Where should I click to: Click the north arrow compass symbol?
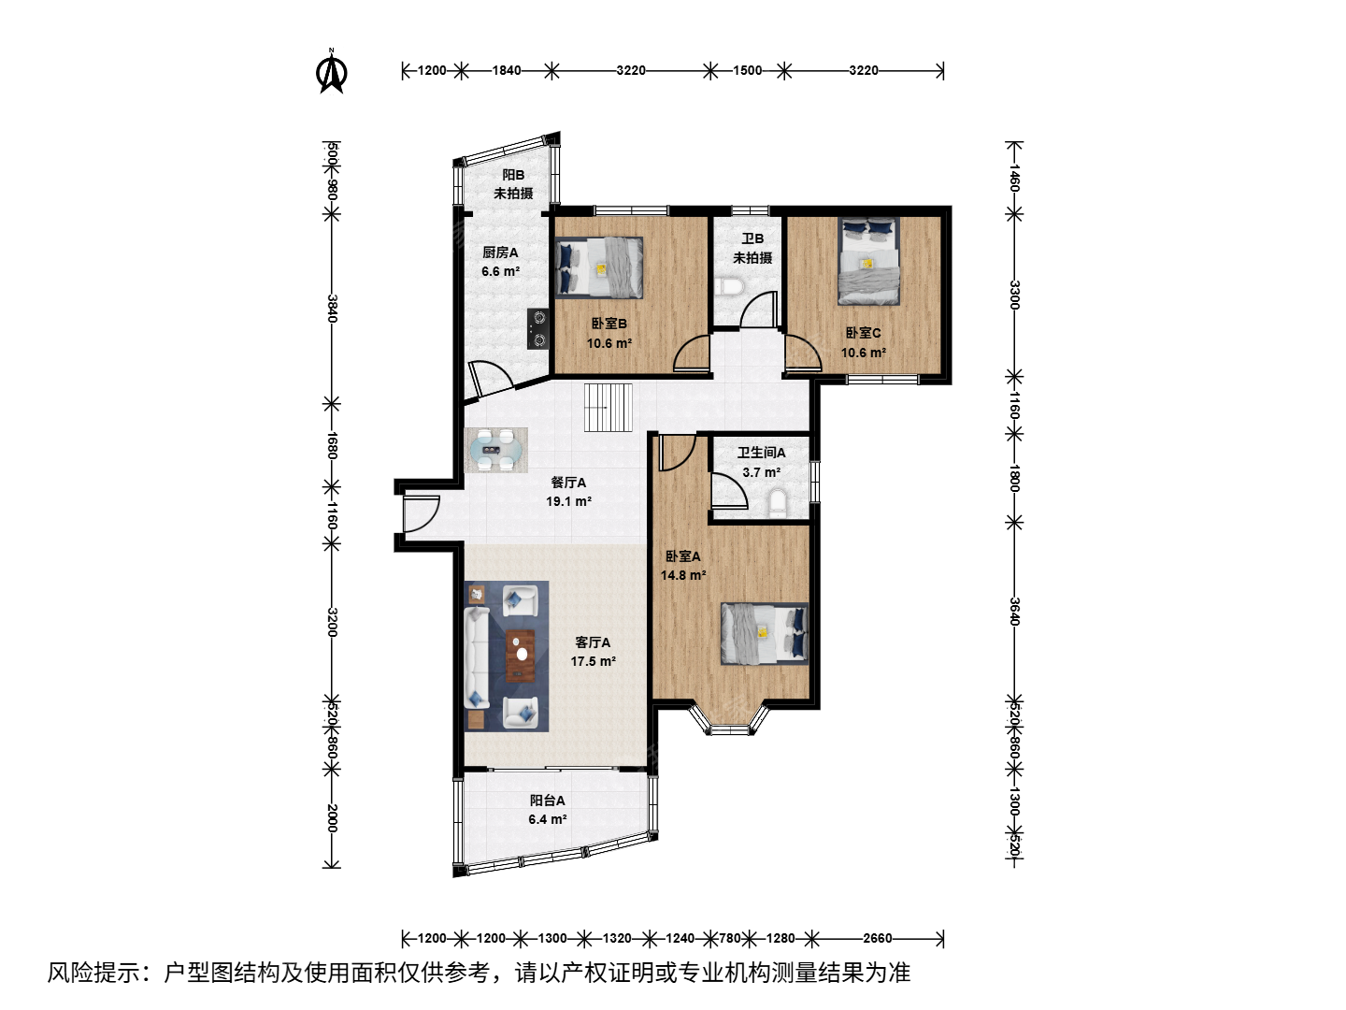tap(331, 72)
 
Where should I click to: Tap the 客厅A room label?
tap(593, 642)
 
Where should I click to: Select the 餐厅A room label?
tap(568, 483)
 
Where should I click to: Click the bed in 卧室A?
tap(764, 634)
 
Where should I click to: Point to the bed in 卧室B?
tap(599, 268)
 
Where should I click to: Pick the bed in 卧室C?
tap(869, 261)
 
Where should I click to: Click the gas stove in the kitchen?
tap(538, 328)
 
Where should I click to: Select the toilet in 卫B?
tap(730, 287)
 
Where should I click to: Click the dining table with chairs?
tap(496, 450)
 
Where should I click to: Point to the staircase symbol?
tap(608, 408)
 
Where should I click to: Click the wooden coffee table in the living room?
tap(521, 656)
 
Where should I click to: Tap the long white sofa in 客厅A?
tap(477, 656)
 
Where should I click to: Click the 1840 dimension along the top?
tap(507, 70)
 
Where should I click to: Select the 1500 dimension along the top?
tap(748, 70)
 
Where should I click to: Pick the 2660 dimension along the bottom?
tap(878, 938)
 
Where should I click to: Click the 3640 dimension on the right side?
tap(1015, 612)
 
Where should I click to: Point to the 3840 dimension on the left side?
tap(332, 309)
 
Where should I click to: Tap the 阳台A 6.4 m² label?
tap(548, 810)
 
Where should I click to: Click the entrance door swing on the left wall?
tap(422, 514)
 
